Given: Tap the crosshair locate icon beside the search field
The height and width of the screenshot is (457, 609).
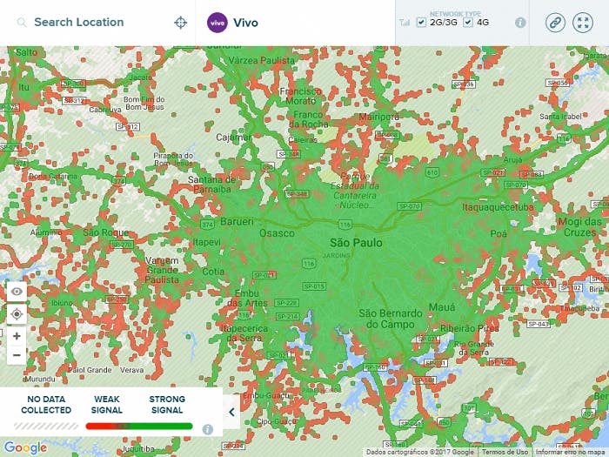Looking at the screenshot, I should tap(181, 23).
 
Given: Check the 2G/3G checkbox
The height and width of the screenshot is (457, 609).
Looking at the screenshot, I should tap(421, 23).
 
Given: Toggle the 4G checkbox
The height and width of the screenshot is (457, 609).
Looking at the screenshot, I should tap(468, 23).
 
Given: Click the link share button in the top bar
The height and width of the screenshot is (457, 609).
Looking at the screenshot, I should tap(555, 23).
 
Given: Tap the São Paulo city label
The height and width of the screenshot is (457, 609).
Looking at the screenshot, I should tap(356, 242).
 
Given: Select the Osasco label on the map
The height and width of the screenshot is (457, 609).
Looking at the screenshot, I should tap(278, 233).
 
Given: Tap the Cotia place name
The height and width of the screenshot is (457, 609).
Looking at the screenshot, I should tap(213, 272).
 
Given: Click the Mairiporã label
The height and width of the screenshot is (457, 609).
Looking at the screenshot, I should tap(378, 116).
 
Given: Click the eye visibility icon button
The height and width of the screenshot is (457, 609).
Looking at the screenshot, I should tap(17, 291).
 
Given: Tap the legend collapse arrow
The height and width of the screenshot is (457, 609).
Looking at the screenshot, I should tap(231, 412).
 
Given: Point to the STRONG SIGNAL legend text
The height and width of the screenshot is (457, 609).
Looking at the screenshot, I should tap(166, 405).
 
